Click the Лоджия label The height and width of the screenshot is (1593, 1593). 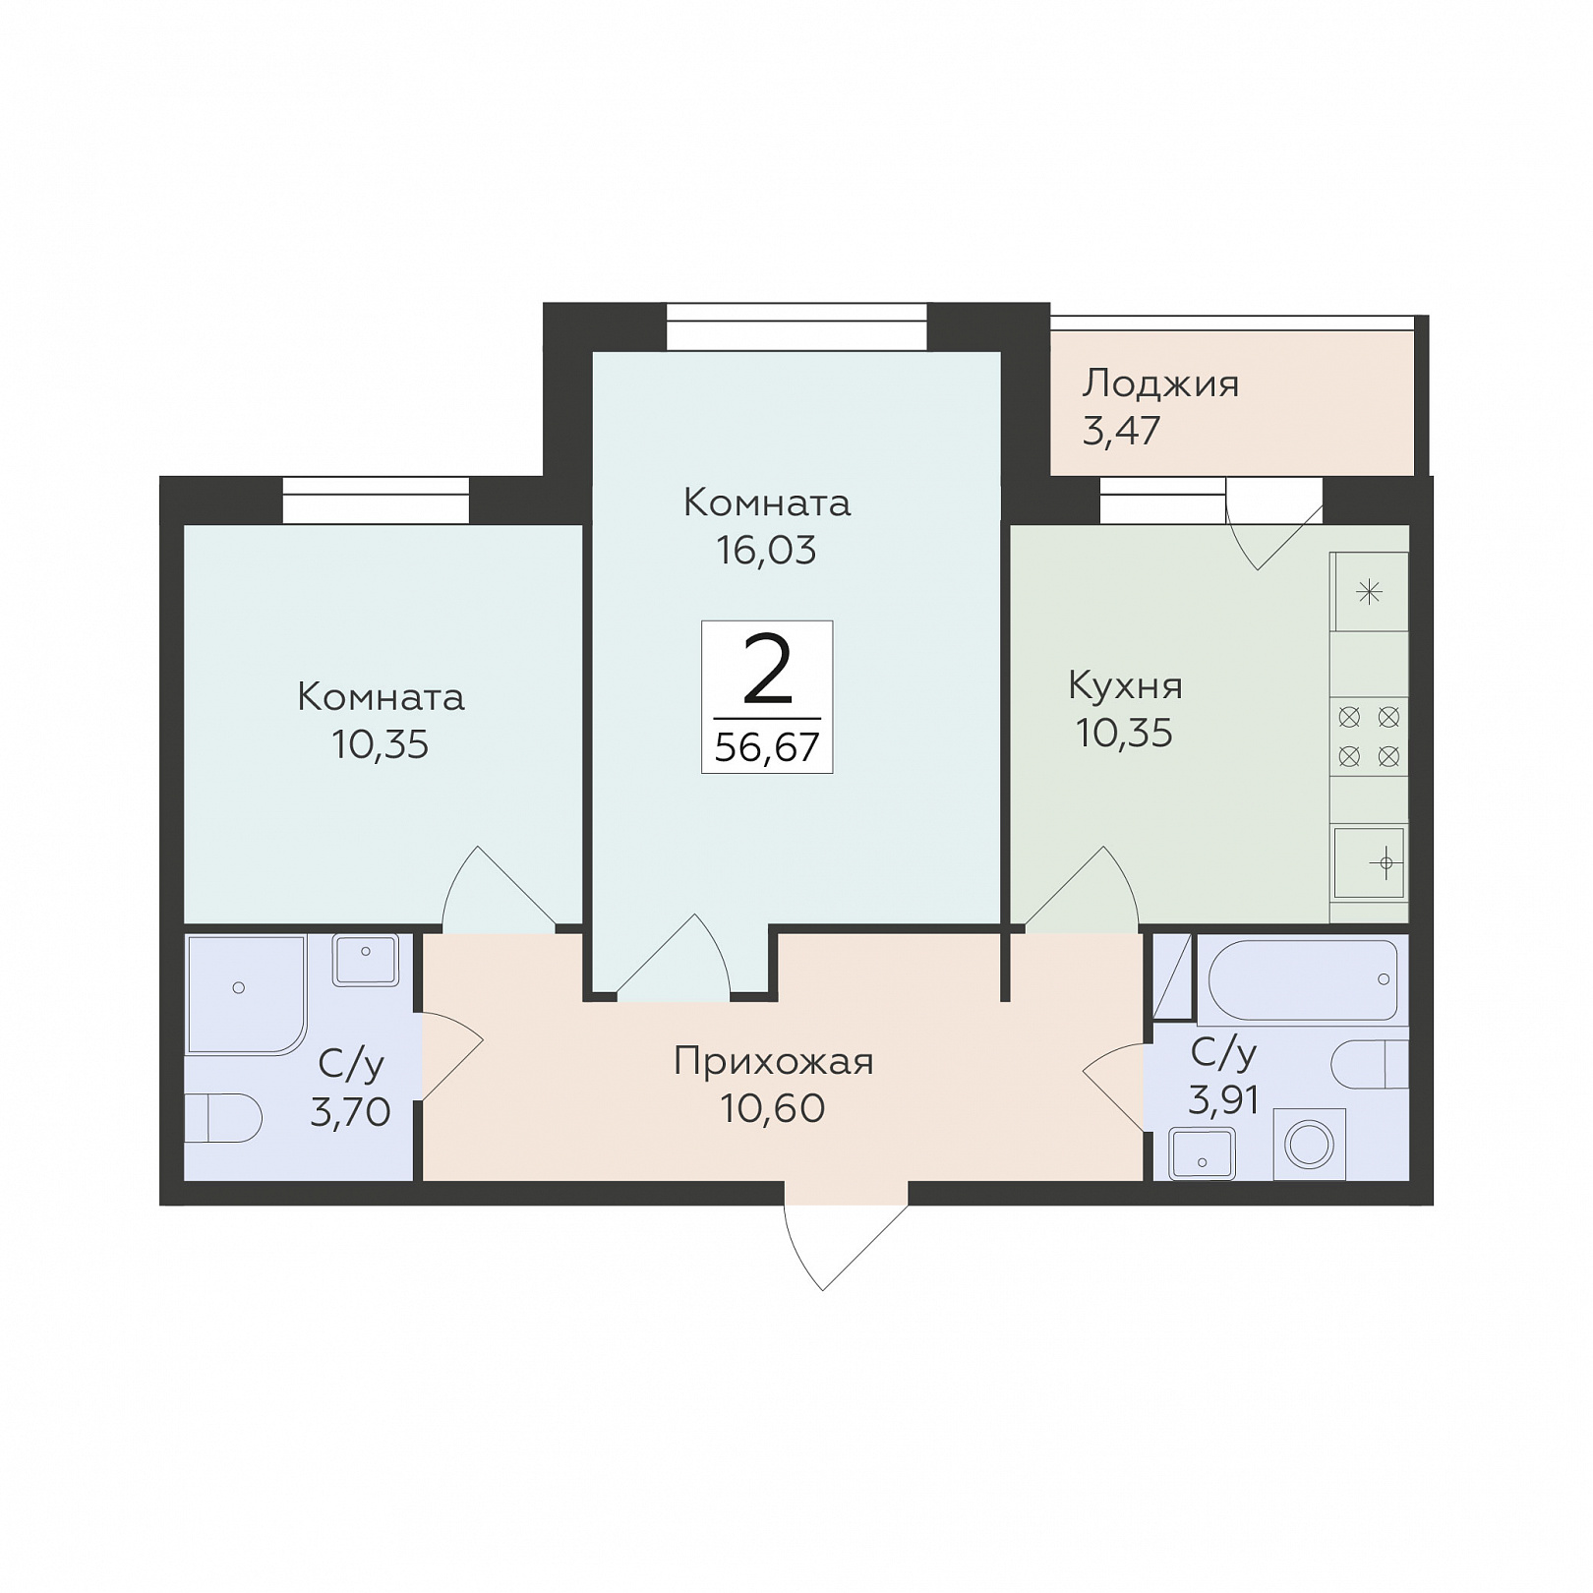point(1160,384)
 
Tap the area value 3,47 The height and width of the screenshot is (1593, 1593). point(1122,431)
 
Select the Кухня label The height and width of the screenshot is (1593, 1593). point(1125,685)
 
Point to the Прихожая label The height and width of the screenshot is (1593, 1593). point(774,1062)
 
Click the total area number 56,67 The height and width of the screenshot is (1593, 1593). point(767,747)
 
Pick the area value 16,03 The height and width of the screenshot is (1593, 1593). point(766,551)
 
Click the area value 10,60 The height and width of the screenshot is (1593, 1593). point(773,1108)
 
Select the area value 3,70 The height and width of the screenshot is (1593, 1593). point(350,1112)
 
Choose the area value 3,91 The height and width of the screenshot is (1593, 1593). point(1223,1099)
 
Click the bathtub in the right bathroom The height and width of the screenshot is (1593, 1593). point(1302,980)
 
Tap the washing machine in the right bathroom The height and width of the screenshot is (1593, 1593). point(1310,1144)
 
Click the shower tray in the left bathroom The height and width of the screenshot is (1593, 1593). point(246,995)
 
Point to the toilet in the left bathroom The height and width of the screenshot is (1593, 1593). point(223,1118)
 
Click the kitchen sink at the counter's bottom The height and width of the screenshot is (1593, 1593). point(1369,862)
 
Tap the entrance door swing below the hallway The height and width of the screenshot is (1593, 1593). point(846,1244)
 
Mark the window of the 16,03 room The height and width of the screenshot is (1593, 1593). point(796,326)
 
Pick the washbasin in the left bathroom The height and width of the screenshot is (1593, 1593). point(366,960)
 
